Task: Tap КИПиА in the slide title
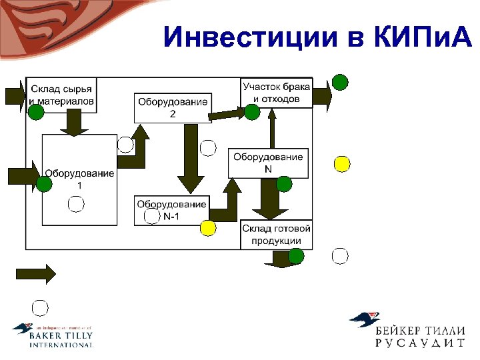coord(419,38)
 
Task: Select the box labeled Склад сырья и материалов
coord(62,95)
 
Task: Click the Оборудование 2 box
coord(172,107)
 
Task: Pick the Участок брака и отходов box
coord(276,92)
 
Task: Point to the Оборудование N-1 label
coord(171,210)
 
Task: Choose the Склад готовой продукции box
coord(276,235)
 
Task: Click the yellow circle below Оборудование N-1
coord(208,229)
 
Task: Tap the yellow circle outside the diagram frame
coord(342,163)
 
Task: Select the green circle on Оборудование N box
coord(284,184)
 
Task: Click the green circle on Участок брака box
coord(251,112)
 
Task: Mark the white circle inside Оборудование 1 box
coord(77,205)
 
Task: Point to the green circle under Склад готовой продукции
coord(296,255)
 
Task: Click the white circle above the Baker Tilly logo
coord(41,307)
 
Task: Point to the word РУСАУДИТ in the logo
coord(419,343)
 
